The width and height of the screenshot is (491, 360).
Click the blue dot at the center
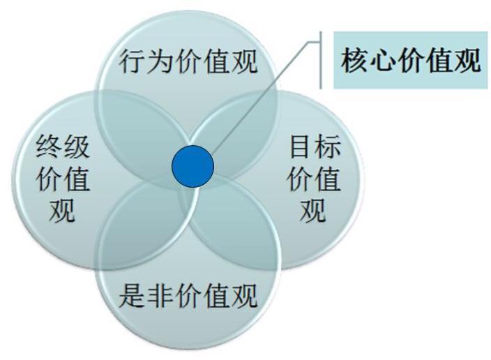(193, 166)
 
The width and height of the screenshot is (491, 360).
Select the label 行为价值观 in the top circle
(188, 61)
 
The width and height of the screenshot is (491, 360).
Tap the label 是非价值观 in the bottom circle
(188, 295)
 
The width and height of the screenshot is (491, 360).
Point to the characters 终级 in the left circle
(63, 147)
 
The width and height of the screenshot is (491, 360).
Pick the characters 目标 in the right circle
(315, 147)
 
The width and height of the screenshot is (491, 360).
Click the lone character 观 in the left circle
(62, 210)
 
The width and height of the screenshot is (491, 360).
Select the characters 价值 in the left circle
(63, 179)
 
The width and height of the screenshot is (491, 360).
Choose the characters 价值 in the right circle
(314, 179)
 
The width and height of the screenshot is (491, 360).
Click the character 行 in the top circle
(132, 61)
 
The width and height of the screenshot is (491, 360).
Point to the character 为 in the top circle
(160, 61)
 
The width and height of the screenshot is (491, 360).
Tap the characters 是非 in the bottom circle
(146, 295)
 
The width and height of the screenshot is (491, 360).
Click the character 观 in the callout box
(467, 60)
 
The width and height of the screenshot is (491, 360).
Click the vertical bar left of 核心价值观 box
(321, 60)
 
